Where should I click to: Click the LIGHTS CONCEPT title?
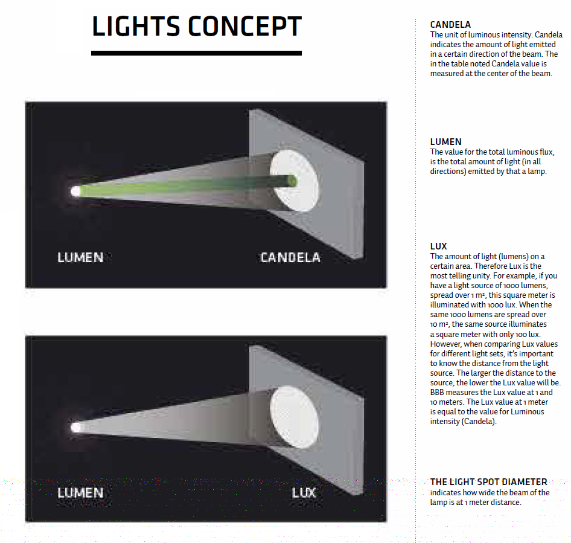(x=197, y=26)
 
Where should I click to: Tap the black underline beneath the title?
(x=196, y=53)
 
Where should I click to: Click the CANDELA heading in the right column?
(x=450, y=25)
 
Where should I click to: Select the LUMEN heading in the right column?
(x=445, y=142)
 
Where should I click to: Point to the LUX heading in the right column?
(x=438, y=246)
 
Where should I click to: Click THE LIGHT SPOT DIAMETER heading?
(x=488, y=482)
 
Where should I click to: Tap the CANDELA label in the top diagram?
(x=290, y=258)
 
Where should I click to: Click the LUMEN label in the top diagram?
(x=80, y=258)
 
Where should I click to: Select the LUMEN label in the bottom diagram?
(x=80, y=493)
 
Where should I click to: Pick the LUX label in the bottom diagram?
(x=304, y=493)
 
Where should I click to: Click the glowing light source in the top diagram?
(x=75, y=191)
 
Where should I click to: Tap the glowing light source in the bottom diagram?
(x=75, y=427)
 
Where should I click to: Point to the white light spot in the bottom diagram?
(x=294, y=417)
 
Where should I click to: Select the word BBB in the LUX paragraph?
(x=437, y=393)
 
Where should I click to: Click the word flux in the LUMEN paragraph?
(x=546, y=152)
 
